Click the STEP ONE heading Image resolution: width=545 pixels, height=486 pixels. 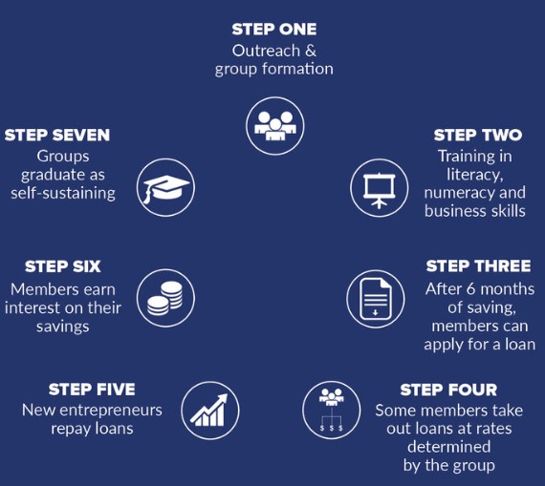click(274, 30)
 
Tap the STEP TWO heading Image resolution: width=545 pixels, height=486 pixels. click(478, 135)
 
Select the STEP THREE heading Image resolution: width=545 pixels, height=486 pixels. click(479, 266)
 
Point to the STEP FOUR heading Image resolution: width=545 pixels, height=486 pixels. click(448, 390)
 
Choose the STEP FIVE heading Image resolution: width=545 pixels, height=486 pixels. click(92, 390)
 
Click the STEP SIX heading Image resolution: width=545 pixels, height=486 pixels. click(63, 266)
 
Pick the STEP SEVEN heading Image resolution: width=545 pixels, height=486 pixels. click(57, 135)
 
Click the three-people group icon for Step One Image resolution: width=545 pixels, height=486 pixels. click(275, 126)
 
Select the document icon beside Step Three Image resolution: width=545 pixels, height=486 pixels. click(376, 299)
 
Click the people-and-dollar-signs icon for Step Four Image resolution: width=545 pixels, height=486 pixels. click(331, 410)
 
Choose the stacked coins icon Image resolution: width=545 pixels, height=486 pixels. click(165, 298)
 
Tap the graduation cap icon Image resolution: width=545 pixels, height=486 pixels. click(165, 187)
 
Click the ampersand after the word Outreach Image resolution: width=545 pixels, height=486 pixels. click(311, 51)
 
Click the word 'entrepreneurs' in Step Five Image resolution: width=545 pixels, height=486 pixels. click(111, 411)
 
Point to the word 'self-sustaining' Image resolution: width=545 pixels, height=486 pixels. click(63, 193)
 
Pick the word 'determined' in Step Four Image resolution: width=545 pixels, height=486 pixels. click(449, 447)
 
